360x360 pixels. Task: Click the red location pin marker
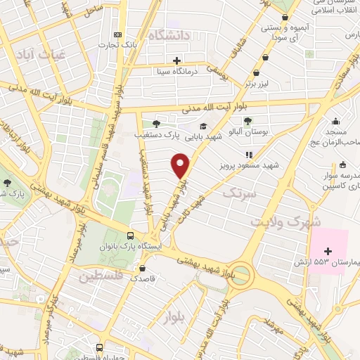click(181, 165)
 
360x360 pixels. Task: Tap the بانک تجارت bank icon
click(117, 34)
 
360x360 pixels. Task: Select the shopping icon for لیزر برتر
click(257, 72)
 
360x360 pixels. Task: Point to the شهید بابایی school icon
click(212, 127)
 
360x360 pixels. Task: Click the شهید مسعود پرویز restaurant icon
click(248, 155)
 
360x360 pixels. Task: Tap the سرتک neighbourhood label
click(240, 191)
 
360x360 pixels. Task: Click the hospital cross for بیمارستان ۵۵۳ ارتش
click(328, 250)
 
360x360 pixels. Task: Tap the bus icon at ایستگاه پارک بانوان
click(131, 236)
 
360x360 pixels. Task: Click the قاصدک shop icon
click(143, 268)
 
